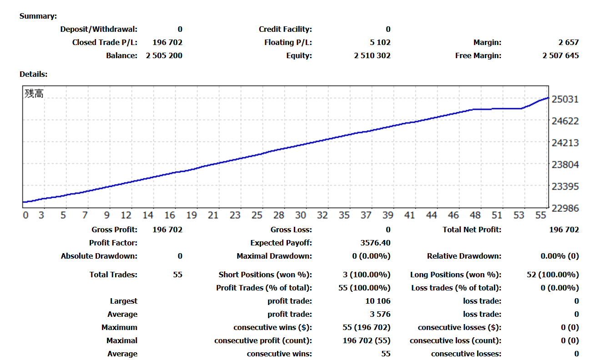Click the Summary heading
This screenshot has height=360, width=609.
38,16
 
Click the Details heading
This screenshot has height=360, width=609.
34,74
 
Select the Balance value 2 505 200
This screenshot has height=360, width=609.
164,56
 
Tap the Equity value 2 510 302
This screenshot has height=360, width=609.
372,56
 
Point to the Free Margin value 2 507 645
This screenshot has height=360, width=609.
560,56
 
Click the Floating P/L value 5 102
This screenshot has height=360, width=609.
380,43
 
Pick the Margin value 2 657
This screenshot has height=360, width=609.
569,43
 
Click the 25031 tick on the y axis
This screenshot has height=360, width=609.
565,99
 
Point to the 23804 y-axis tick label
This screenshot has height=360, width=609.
565,165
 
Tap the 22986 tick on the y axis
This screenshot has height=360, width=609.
565,208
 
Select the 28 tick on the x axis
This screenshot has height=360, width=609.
279,215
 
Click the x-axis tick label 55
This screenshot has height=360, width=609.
541,215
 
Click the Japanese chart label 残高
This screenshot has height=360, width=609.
34,94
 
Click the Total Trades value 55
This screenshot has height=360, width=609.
177,275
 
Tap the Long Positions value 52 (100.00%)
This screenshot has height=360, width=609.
552,275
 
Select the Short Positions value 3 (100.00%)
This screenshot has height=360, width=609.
367,275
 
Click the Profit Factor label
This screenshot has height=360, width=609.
113,243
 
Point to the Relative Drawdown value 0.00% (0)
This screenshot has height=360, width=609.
559,256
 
